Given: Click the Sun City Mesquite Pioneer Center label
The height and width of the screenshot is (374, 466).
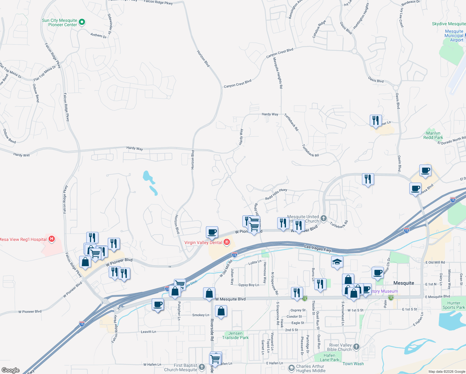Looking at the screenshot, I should click(59, 22).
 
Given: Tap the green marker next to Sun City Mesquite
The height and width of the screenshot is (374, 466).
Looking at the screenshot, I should click(82, 22).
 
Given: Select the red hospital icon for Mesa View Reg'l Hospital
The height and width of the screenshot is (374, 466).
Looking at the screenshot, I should click(52, 239).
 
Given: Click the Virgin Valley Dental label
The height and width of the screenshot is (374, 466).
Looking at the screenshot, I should click(203, 242).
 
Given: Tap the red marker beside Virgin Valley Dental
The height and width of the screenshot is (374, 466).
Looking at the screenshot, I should click(227, 242).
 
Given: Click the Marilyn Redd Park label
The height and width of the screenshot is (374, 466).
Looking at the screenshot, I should click(433, 135).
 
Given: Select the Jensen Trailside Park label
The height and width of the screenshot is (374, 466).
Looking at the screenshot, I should click(235, 335).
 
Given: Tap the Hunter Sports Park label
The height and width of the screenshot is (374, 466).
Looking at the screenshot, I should click(454, 305).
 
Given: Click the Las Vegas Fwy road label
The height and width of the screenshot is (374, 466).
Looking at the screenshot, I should click(317, 248).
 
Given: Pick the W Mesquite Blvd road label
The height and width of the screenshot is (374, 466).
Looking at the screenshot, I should click(231, 299).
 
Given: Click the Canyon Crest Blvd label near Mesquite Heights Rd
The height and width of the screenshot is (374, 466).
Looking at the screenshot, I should click(279, 53).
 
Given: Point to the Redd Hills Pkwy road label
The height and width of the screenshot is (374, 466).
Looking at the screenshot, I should click(276, 194).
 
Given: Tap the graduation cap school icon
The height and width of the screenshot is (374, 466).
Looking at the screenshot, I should click(337, 262).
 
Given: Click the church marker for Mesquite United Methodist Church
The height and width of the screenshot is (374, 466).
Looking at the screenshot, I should click(324, 218).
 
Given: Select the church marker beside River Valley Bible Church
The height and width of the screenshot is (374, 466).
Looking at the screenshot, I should click(356, 347).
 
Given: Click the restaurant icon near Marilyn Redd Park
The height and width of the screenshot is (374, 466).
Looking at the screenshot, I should click(376, 120).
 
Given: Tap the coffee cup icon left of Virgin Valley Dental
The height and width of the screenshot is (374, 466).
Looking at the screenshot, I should click(212, 232).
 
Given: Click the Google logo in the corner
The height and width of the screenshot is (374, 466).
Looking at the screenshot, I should click(11, 370).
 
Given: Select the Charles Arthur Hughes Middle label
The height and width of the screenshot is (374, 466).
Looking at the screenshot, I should click(310, 368).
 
